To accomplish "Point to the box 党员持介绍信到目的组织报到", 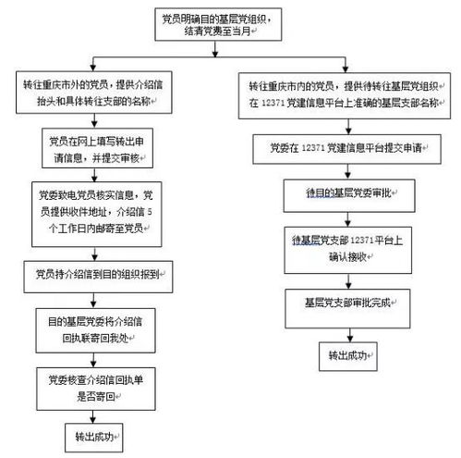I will pyautogui.click(x=95, y=275).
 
